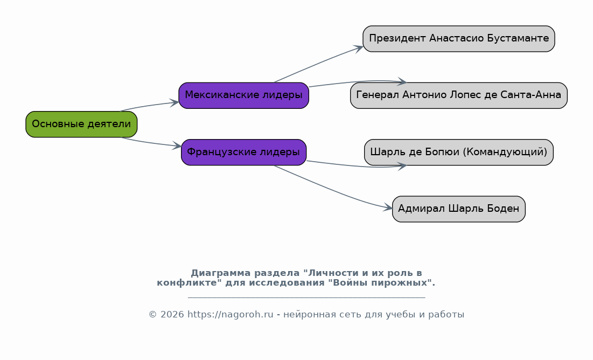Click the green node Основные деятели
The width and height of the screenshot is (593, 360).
pos(81,124)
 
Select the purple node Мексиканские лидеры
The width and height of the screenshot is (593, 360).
pos(243,95)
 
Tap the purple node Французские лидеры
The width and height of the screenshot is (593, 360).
pos(243,152)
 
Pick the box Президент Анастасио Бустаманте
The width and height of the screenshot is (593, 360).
pos(459,39)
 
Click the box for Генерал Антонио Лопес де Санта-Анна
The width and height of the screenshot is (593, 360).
pos(459,95)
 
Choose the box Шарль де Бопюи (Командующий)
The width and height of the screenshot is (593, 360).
pos(459,152)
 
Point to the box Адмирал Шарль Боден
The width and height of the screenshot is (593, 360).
pos(459,209)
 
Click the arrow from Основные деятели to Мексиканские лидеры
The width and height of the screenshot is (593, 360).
pos(149,105)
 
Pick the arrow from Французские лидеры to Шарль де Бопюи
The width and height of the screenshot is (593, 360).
pos(358,166)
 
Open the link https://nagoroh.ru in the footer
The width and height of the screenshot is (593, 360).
pos(231,315)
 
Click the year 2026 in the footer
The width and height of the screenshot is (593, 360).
pos(172,315)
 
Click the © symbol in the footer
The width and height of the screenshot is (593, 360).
pos(153,315)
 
